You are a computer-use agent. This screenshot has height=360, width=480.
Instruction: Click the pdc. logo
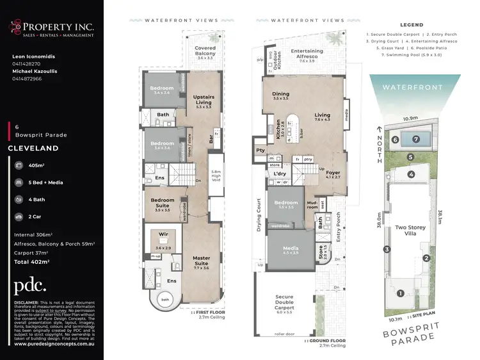[x=30, y=286]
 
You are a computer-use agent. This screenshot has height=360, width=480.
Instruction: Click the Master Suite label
[x=202, y=261]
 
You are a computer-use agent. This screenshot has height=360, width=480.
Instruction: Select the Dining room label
[x=281, y=96]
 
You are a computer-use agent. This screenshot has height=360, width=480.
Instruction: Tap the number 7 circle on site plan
[x=417, y=139]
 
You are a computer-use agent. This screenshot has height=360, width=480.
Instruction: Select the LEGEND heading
[x=412, y=25]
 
